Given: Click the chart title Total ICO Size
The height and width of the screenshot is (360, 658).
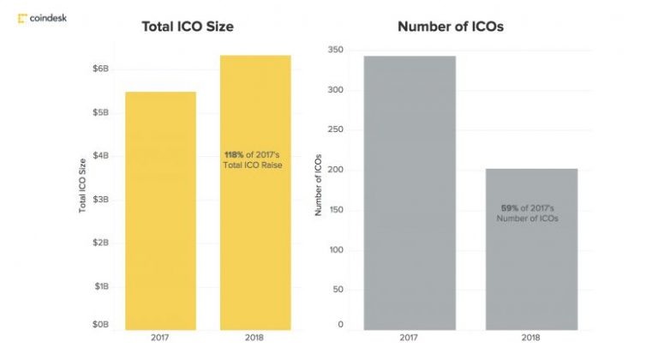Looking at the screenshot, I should (x=187, y=27).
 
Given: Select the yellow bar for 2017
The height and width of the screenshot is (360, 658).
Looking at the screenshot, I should (x=161, y=210).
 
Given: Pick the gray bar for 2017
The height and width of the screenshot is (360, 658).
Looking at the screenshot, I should (x=409, y=193).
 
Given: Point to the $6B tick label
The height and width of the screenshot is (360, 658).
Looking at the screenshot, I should (x=101, y=68).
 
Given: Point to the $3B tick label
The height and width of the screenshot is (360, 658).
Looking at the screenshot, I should (x=101, y=199).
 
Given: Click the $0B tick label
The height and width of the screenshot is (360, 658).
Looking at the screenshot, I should (x=101, y=325).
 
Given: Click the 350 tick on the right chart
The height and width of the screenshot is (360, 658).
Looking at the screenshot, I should (x=336, y=51).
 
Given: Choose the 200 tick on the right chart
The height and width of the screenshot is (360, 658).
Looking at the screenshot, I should (x=336, y=170).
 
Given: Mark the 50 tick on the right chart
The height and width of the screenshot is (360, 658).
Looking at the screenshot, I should (x=338, y=290).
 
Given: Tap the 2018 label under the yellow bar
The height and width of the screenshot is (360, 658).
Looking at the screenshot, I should (x=255, y=339).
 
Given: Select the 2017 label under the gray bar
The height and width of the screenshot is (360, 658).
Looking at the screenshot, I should (x=409, y=339).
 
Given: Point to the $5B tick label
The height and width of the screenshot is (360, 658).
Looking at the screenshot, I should (x=101, y=112).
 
